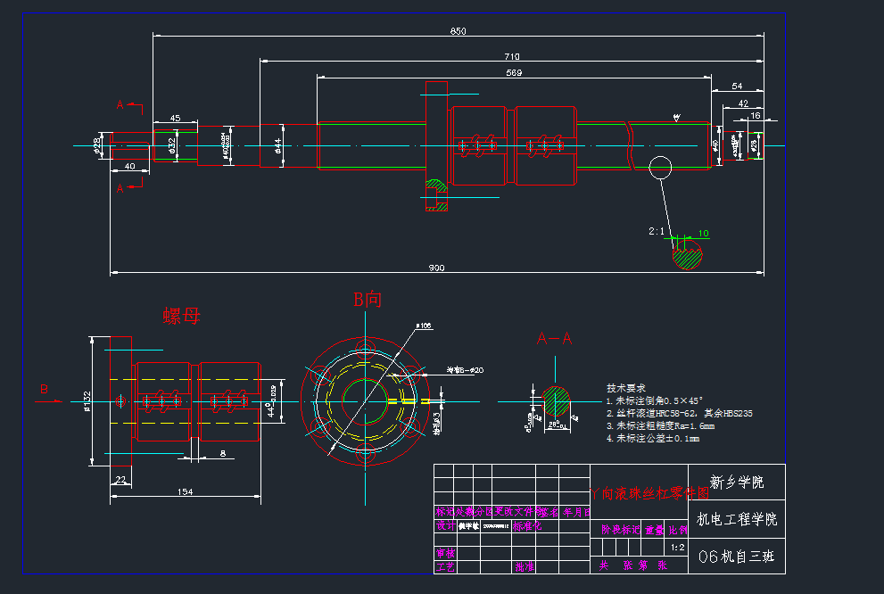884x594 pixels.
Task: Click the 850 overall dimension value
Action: pos(458,31)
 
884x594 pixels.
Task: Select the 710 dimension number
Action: pos(512,57)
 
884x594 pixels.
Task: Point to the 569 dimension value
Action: pos(514,72)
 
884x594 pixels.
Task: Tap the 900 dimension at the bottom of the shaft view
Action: pos(436,268)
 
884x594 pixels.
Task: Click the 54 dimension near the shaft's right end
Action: pos(737,86)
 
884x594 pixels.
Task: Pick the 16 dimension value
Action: pos(756,115)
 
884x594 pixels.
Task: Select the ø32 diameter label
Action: pos(171,144)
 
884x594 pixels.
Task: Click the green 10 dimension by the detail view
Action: pos(704,234)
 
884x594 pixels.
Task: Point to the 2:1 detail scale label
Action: pos(657,231)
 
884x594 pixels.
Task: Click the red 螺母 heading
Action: pos(181,317)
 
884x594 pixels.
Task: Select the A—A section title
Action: pos(554,339)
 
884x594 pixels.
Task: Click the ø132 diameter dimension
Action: pos(87,402)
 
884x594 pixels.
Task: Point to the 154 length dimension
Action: pos(186,491)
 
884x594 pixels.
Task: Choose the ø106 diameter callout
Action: pos(425,326)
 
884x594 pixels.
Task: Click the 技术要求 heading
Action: pos(624,389)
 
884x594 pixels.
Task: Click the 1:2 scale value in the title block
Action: pos(677,547)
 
